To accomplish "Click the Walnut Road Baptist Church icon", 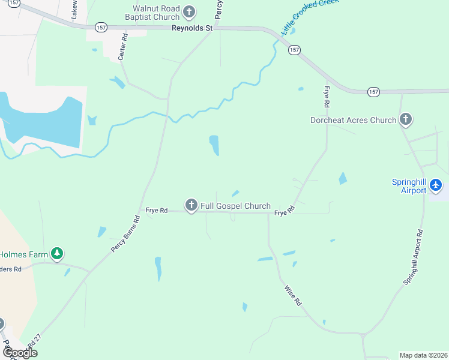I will (x=189, y=11).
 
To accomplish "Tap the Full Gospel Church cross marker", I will (x=191, y=206).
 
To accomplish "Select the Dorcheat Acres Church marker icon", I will (x=406, y=119).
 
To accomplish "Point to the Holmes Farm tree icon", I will (x=57, y=254).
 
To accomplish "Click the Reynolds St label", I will (x=193, y=28).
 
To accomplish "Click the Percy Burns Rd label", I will (x=125, y=233).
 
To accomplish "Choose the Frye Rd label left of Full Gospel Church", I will (x=156, y=211).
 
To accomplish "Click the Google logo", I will (x=20, y=353).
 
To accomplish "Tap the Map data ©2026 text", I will (x=423, y=355).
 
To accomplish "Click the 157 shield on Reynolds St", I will (x=101, y=28).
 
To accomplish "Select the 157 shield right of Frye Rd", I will (x=373, y=92).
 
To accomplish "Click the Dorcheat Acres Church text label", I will (x=353, y=120).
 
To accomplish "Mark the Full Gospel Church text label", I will (x=235, y=206).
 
